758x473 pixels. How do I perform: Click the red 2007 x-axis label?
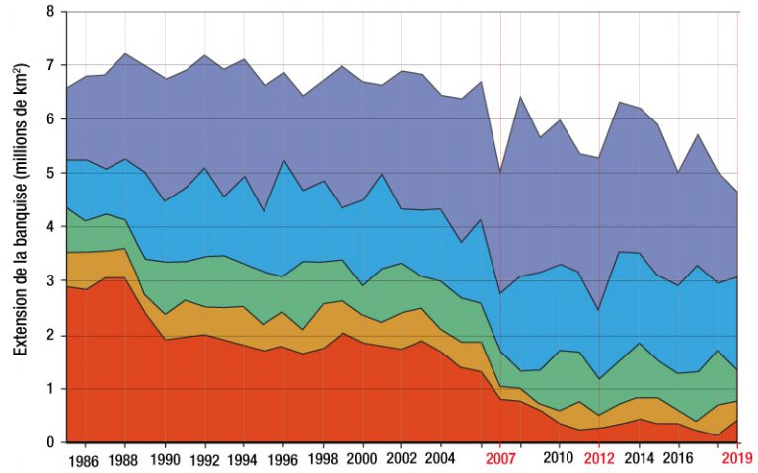point(500,458)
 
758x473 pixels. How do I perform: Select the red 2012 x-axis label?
point(599,458)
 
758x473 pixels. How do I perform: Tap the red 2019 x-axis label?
point(738,458)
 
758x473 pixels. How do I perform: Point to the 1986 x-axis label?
point(86,458)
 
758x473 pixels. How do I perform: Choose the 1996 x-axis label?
point(284,458)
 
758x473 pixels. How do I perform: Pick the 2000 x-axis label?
point(363,458)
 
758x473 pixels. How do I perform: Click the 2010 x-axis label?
point(560,458)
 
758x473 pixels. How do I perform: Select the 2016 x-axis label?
point(678,458)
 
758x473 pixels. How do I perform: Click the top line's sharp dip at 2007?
point(500,172)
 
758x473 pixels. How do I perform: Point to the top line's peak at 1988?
point(125,53)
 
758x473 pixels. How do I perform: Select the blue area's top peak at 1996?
point(284,160)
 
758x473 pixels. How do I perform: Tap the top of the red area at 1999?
point(342,333)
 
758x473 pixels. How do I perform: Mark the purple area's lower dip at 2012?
point(599,311)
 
